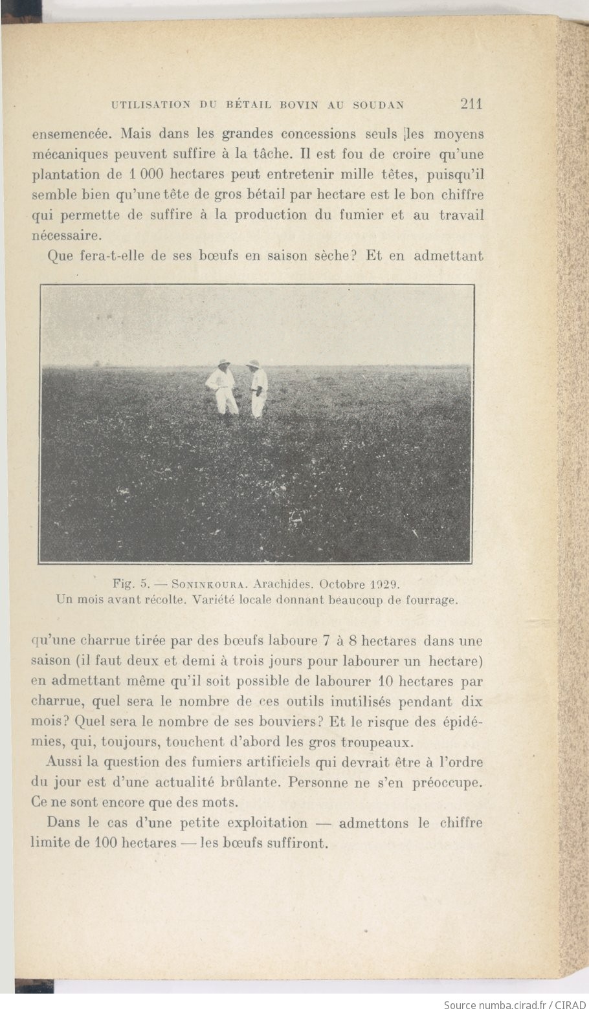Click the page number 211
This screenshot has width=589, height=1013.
point(471,103)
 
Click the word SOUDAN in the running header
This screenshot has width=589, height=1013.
point(379,105)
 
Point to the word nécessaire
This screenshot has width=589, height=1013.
point(67,235)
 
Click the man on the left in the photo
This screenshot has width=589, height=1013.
point(223,387)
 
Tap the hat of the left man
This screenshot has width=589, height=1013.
point(224,363)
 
